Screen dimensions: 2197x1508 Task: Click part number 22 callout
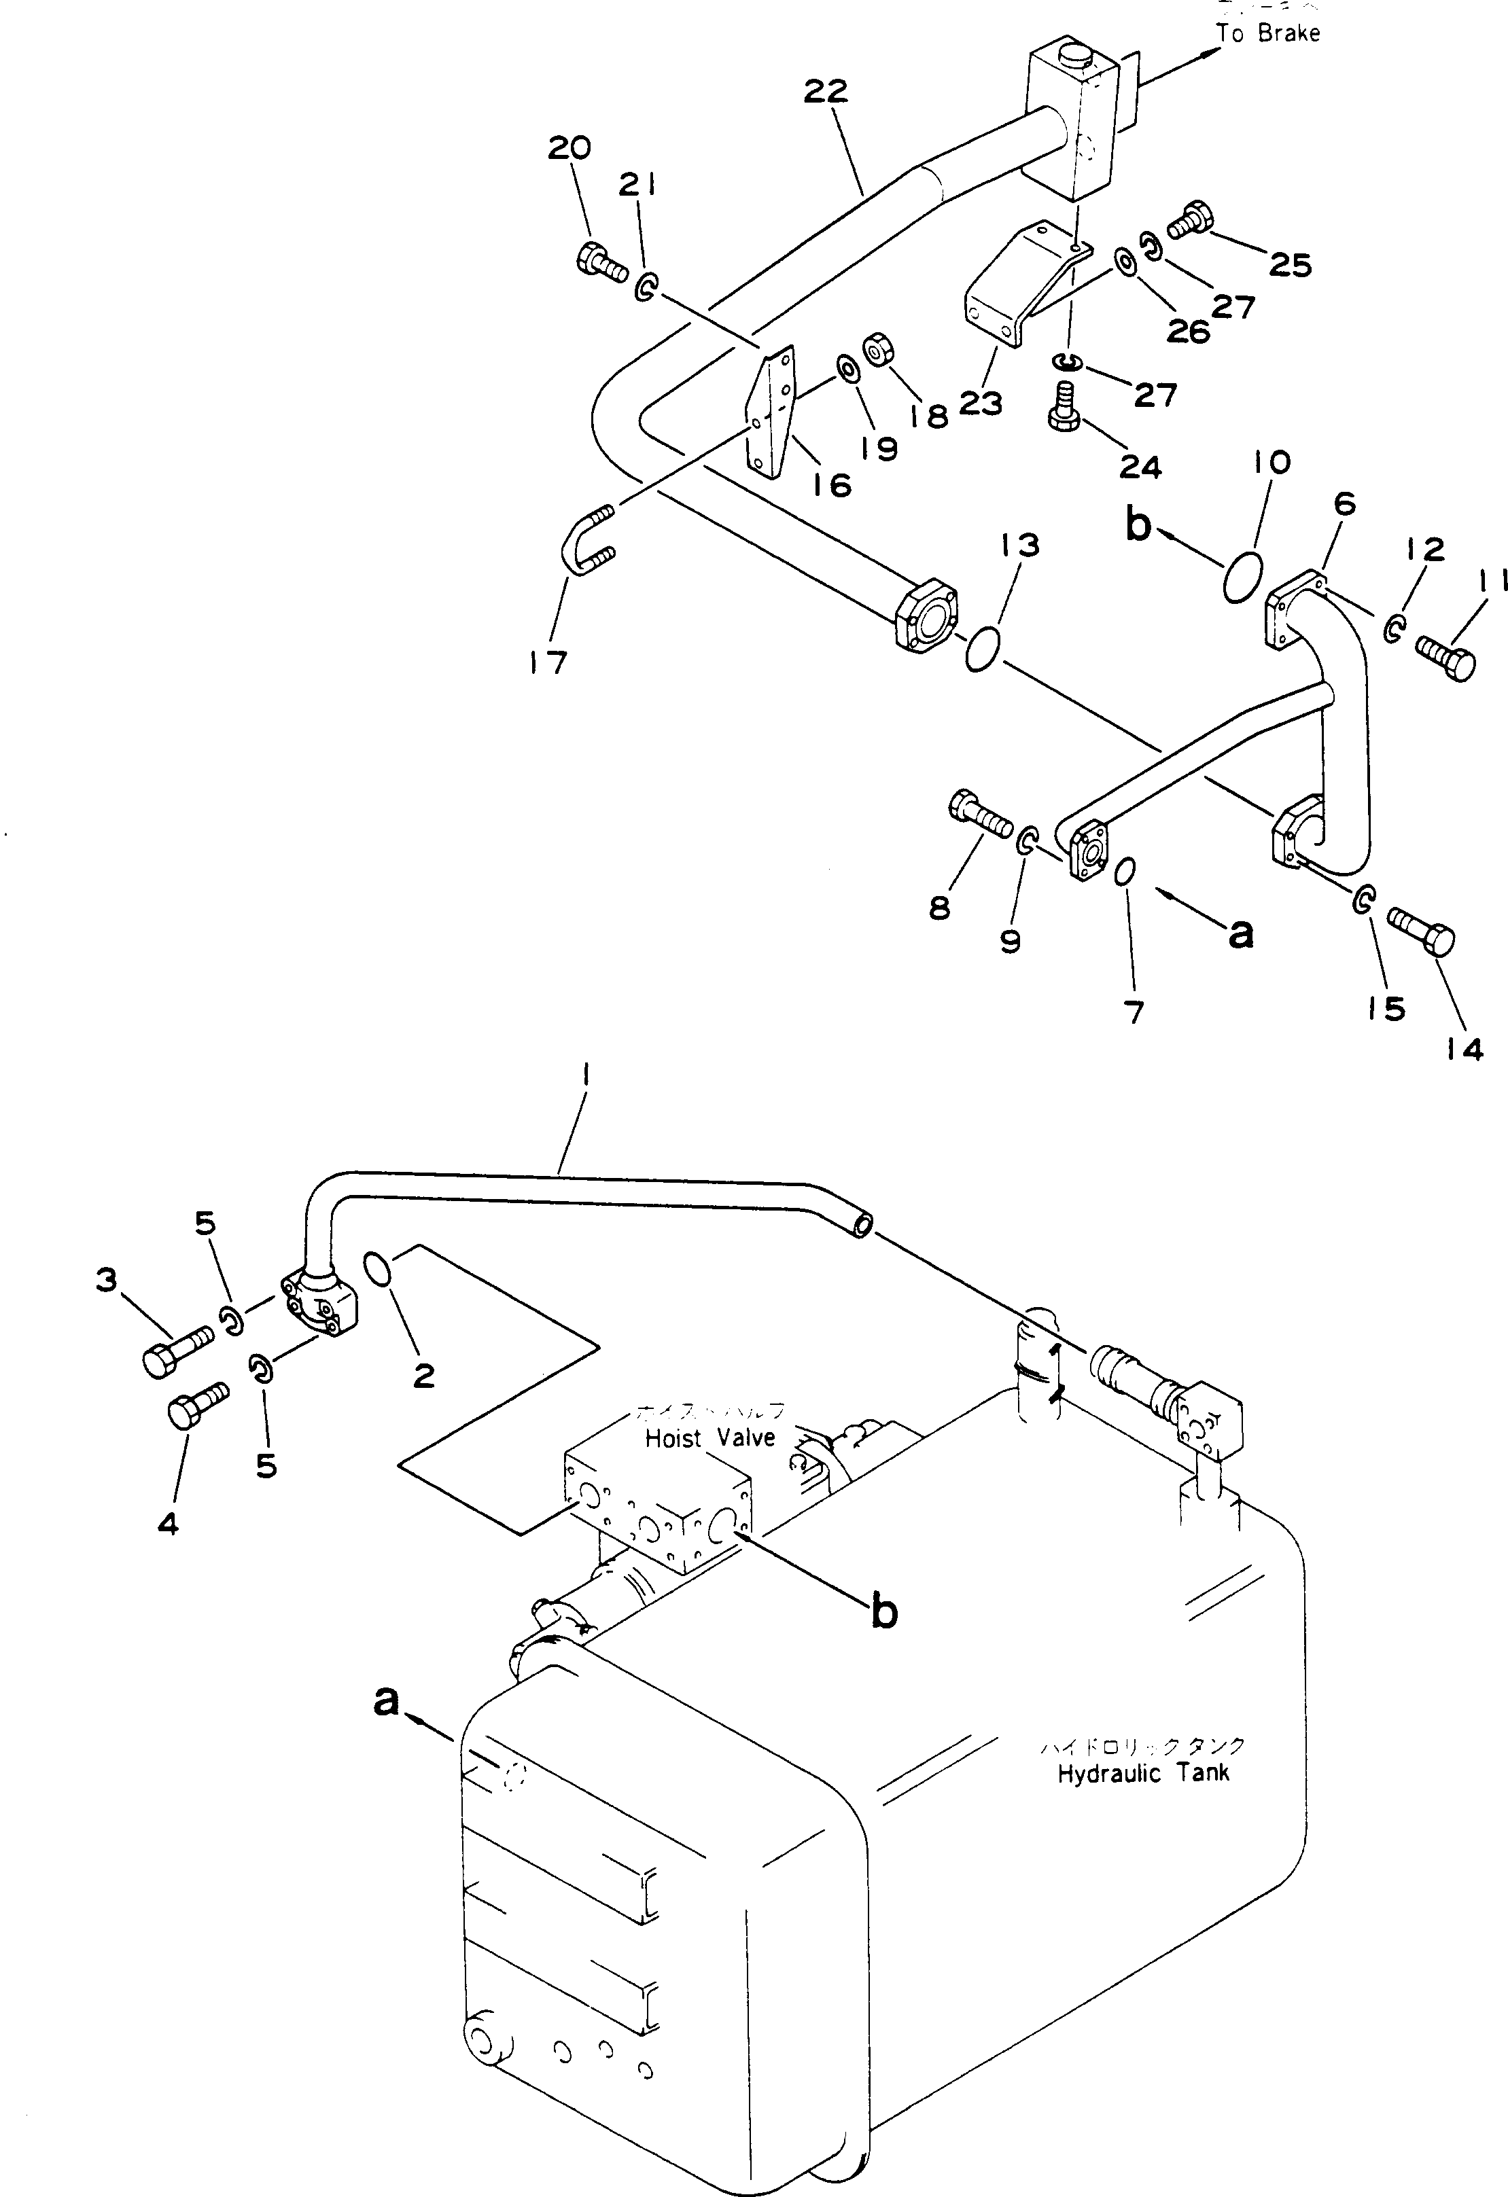click(x=826, y=92)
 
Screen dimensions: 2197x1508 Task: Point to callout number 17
click(x=548, y=662)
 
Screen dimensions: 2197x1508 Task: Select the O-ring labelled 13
click(x=981, y=650)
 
